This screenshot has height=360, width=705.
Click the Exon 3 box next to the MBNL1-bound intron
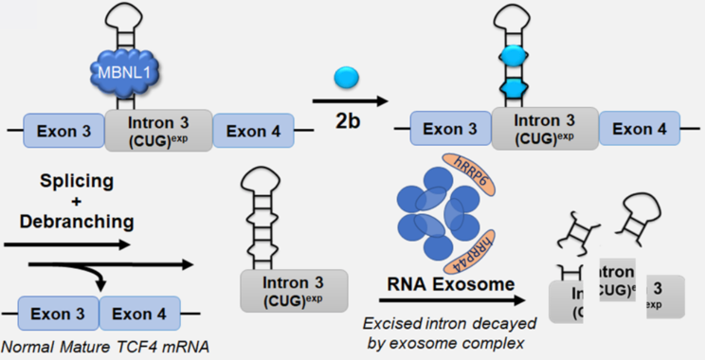62,131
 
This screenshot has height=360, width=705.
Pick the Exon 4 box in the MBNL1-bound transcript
250,131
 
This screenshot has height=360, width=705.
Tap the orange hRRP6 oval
479,163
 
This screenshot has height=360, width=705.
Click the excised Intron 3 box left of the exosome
295,290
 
